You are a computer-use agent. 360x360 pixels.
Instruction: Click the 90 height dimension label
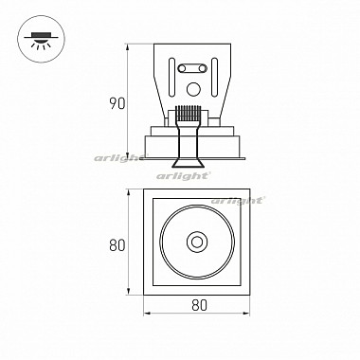coord(117,103)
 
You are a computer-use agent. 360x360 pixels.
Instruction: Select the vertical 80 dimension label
coord(117,244)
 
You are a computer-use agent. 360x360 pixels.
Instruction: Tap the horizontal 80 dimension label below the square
coord(199,305)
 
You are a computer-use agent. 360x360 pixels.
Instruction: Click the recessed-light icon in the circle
coord(41,41)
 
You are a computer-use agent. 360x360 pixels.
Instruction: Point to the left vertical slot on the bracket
coord(171,77)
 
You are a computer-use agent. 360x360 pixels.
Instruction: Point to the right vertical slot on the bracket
coord(214,77)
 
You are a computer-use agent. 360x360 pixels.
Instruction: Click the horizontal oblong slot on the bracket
coord(192,68)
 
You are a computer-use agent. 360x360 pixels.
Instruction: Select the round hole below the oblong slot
coord(193,89)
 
